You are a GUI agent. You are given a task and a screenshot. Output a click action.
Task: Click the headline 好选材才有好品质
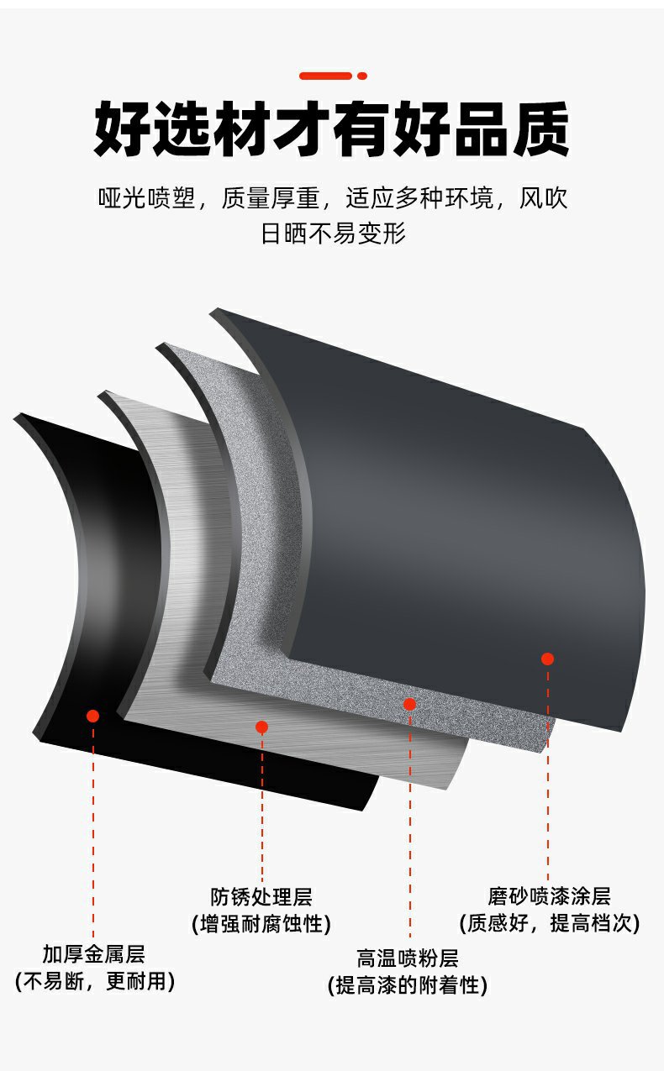point(331,129)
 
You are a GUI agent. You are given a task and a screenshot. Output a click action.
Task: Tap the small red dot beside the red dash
point(362,76)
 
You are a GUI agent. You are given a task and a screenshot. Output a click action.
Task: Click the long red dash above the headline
point(325,76)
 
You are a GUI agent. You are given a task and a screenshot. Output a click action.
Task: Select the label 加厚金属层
point(94,954)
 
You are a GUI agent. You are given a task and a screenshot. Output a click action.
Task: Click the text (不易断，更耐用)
point(94,981)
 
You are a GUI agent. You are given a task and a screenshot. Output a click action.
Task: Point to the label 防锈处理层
point(261,897)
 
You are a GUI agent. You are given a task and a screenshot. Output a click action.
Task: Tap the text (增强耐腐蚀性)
point(261,924)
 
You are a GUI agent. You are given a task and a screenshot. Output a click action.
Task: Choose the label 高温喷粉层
point(408,958)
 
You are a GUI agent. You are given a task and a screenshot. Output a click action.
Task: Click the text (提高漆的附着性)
point(408,985)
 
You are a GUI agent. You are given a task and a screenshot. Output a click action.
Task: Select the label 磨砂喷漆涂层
point(549,896)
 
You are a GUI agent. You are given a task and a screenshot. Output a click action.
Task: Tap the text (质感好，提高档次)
point(549,923)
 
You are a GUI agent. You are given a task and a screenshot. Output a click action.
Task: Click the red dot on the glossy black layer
point(93,716)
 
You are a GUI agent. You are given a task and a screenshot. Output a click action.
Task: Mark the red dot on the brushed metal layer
point(261,727)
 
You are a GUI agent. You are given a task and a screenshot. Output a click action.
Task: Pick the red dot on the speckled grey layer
point(409,704)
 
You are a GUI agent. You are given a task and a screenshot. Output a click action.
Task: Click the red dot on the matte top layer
point(547,659)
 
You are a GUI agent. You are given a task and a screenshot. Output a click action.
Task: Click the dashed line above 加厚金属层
point(93,832)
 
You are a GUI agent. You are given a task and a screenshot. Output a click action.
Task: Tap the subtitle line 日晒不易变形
point(333,233)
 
